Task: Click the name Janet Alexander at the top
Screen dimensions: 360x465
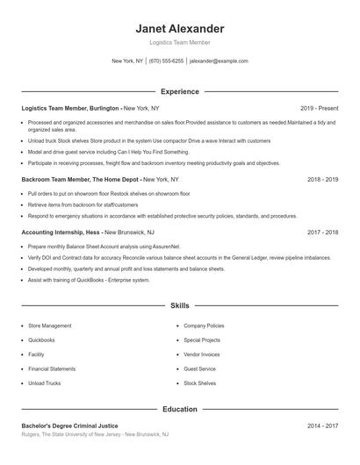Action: (x=180, y=28)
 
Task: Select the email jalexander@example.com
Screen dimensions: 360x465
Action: (x=219, y=61)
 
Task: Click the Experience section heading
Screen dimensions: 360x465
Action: (x=180, y=91)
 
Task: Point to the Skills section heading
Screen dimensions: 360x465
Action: (x=180, y=305)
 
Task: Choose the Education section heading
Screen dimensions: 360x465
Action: (x=180, y=409)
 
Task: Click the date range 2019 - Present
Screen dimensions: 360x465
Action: (x=319, y=107)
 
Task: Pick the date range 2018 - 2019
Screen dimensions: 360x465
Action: (x=323, y=178)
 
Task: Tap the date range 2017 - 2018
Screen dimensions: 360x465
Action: (x=323, y=232)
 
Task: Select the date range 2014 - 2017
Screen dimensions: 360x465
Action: (x=323, y=425)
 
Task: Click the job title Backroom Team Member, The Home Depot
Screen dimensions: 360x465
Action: (x=81, y=178)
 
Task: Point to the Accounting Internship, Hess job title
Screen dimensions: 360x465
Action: (x=61, y=232)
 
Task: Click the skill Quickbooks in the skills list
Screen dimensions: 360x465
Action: (x=41, y=340)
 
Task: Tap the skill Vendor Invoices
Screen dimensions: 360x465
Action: (x=202, y=354)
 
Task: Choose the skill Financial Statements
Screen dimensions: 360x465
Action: (x=52, y=369)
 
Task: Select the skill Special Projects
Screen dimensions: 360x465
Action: (x=202, y=340)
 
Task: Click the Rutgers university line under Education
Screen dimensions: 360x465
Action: (x=95, y=434)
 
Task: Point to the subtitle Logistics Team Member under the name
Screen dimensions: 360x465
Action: (x=180, y=42)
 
